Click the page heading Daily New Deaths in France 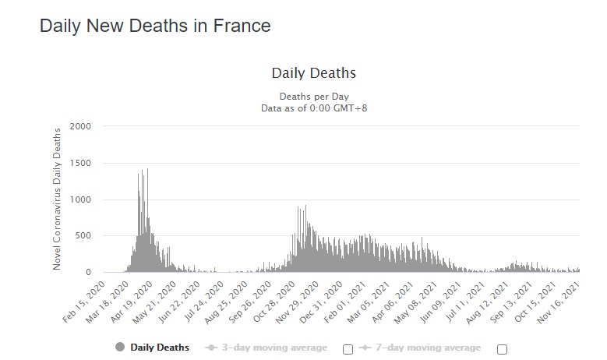click(x=155, y=26)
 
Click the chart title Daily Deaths click(x=313, y=73)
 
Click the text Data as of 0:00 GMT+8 click(x=313, y=108)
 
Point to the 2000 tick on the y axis click(x=80, y=126)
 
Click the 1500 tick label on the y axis click(x=80, y=163)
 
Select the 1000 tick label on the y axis click(x=80, y=199)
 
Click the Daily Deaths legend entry click(x=152, y=348)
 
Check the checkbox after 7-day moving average click(x=502, y=348)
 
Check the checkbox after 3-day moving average click(x=348, y=348)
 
